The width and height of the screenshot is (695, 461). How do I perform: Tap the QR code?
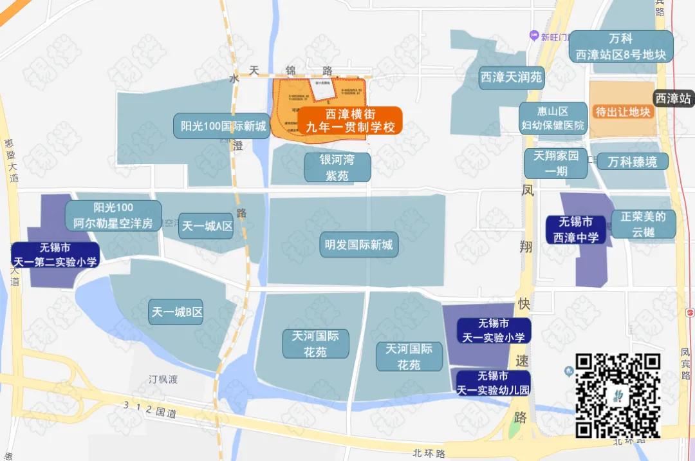coord(618,395)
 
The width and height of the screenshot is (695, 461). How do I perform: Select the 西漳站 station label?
coord(673,99)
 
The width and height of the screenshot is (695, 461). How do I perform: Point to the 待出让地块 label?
coord(623,112)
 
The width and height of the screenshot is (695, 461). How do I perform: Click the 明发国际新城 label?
coord(358,245)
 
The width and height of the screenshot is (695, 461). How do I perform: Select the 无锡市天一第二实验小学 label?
coord(55,255)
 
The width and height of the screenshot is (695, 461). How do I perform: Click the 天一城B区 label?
coord(177,312)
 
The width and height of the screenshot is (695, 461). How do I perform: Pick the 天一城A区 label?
coord(206,226)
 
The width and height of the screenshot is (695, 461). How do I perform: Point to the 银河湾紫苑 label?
coord(337,167)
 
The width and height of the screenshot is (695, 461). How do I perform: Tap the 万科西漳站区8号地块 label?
coord(621,47)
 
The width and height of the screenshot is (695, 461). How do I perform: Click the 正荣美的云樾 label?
coord(643,224)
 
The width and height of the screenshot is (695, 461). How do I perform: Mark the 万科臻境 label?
coord(632,162)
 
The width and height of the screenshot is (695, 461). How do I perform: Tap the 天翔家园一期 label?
coord(555,164)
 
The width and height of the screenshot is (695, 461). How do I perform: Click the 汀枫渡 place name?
coord(163,379)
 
